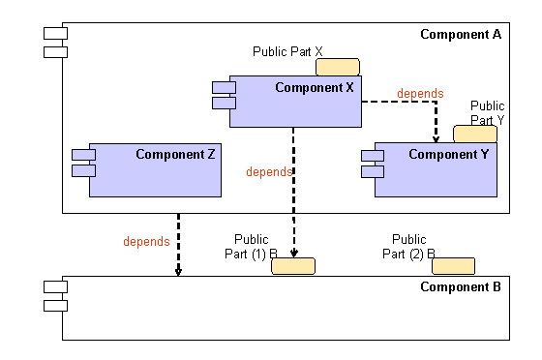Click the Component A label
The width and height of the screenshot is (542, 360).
coord(461,35)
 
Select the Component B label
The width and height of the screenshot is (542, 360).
coord(461,287)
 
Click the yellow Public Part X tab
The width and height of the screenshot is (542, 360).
coord(337,67)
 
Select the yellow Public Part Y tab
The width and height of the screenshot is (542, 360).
coord(482,134)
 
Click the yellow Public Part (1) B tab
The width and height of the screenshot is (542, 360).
coord(293,266)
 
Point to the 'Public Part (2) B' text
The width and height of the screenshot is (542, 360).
coord(410,247)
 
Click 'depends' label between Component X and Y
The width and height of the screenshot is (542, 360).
coord(420,94)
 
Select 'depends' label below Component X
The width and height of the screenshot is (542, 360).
coord(269,172)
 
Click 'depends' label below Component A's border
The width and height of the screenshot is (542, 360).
coord(147,241)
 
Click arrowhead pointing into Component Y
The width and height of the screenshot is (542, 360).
coord(437,138)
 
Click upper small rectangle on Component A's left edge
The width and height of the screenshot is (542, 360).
coord(54,35)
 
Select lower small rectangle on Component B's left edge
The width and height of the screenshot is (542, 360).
coord(54,306)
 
